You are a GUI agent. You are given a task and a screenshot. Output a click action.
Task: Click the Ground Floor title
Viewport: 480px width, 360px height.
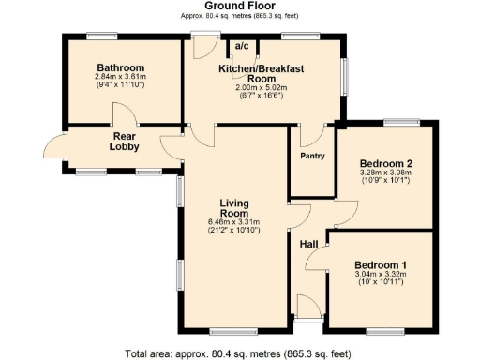239,7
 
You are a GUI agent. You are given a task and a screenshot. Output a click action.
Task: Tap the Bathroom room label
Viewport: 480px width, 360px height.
120,68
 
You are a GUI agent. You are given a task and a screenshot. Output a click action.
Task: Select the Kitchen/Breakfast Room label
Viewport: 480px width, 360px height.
263,74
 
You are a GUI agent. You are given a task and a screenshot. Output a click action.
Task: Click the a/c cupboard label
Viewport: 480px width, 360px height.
241,46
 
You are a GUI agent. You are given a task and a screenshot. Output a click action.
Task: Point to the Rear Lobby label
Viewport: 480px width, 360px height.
124,141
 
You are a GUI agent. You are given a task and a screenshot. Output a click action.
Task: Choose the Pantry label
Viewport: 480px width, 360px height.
312,156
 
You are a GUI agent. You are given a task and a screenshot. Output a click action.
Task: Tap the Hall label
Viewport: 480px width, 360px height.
308,245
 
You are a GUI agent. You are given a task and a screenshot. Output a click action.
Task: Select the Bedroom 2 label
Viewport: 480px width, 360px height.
385,162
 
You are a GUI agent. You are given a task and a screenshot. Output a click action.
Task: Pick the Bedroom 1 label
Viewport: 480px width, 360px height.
381,265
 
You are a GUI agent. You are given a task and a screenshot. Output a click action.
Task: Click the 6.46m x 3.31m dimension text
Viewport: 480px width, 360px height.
233,223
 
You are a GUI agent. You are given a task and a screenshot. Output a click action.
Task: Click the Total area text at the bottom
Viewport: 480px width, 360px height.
239,353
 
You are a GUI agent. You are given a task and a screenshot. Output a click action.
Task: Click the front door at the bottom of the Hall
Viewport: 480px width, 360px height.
307,310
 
